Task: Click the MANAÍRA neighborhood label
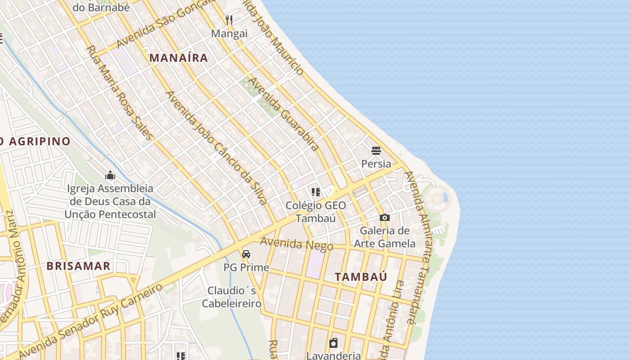pos(179,58)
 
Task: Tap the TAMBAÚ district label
pos(361,277)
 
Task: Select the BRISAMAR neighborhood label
pos(78,266)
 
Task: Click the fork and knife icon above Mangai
pos(229,20)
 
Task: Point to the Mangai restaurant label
pos(229,34)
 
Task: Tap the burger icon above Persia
pos(376,150)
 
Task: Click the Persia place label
pos(376,163)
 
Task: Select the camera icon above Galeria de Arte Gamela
pos(384,218)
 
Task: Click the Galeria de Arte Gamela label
pos(385,237)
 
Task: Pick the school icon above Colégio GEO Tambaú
pos(316,193)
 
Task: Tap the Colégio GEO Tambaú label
pos(316,212)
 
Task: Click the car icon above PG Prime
pos(246,254)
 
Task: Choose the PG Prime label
pos(246,267)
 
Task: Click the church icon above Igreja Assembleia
pos(110,175)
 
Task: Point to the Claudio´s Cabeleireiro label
pos(231,297)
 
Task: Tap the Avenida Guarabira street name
pos(284,114)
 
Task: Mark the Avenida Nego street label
pos(297,244)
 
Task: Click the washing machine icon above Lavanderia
pos(333,343)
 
